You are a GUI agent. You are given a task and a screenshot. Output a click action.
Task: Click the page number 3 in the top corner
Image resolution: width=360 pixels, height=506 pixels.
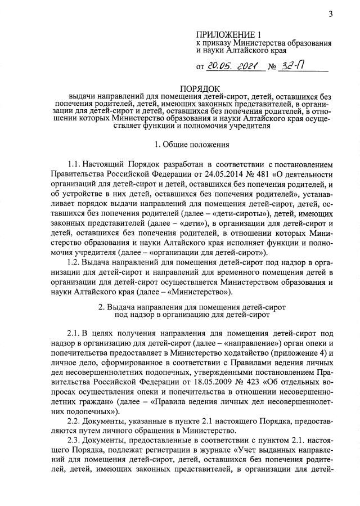tap(332, 14)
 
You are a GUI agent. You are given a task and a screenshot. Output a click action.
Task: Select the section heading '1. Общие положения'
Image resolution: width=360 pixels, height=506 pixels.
tap(195, 145)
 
